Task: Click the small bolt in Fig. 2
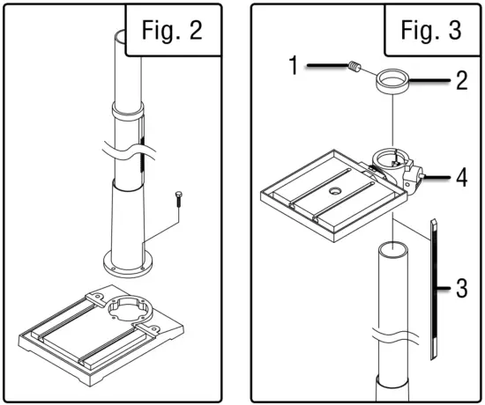pos(180,199)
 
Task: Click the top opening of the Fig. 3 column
pos(391,250)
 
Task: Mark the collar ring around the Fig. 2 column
pos(128,114)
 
